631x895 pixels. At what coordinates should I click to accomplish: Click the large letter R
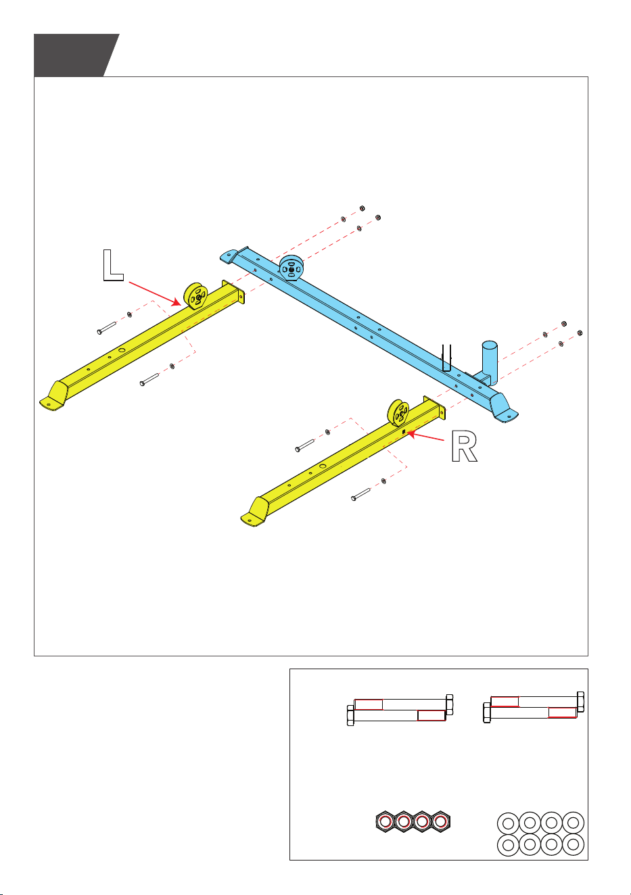(464, 446)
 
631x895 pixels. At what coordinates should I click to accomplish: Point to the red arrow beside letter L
(155, 293)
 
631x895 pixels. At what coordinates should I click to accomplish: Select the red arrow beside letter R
(425, 436)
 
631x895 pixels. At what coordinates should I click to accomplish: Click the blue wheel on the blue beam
(291, 268)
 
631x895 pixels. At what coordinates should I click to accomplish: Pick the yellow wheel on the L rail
(195, 296)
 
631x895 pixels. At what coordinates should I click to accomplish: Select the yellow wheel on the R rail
(398, 413)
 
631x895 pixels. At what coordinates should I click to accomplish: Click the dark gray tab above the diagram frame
(74, 55)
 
